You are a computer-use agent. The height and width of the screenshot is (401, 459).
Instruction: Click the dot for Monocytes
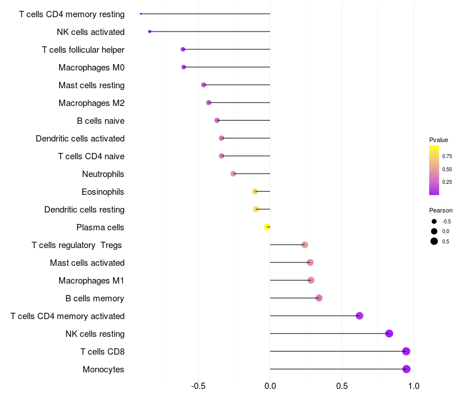pyautogui.click(x=406, y=369)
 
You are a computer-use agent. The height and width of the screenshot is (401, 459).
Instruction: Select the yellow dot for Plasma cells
pyautogui.click(x=267, y=227)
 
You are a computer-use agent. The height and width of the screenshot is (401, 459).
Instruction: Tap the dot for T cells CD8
pyautogui.click(x=406, y=351)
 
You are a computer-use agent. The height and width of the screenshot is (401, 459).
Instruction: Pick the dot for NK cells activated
pyautogui.click(x=150, y=32)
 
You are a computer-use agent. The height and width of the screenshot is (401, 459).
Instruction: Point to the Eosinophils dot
pyautogui.click(x=255, y=191)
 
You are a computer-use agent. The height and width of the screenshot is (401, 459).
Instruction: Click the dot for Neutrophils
pyautogui.click(x=234, y=174)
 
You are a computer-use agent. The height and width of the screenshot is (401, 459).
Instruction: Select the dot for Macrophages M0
pyautogui.click(x=184, y=67)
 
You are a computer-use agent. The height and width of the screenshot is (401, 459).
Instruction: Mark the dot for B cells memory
pyautogui.click(x=319, y=298)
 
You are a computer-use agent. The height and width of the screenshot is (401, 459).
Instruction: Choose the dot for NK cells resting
pyautogui.click(x=389, y=333)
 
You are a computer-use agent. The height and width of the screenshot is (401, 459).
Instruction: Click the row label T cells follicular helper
pyautogui.click(x=83, y=50)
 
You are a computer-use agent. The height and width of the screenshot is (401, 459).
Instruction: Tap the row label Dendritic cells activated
pyautogui.click(x=80, y=139)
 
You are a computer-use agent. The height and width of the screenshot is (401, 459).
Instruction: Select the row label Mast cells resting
pyautogui.click(x=92, y=85)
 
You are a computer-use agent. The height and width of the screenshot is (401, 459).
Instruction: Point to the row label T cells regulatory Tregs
pyautogui.click(x=77, y=245)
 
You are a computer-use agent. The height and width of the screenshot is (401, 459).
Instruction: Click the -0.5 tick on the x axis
pyautogui.click(x=198, y=386)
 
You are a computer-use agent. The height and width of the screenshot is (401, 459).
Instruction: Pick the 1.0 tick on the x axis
pyautogui.click(x=414, y=386)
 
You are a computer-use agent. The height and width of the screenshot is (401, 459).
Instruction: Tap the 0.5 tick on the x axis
pyautogui.click(x=342, y=386)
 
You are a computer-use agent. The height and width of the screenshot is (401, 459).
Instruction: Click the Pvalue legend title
pyautogui.click(x=438, y=140)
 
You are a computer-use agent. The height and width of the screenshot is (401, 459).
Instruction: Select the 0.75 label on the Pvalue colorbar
pyautogui.click(x=447, y=156)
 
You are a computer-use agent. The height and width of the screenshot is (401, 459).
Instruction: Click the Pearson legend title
pyautogui.click(x=441, y=210)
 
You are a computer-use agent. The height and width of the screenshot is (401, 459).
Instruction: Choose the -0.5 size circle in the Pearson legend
pyautogui.click(x=434, y=222)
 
